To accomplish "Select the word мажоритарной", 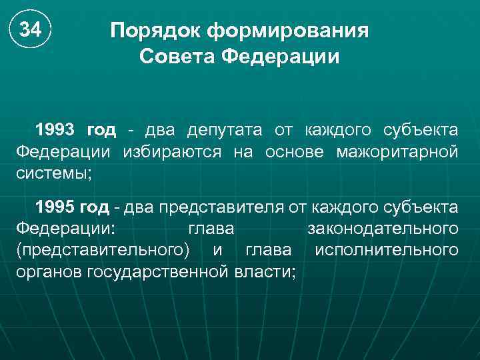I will [397, 151].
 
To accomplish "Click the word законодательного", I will [382, 229].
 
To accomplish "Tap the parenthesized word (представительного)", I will [101, 251].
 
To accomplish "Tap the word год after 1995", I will [94, 207].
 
